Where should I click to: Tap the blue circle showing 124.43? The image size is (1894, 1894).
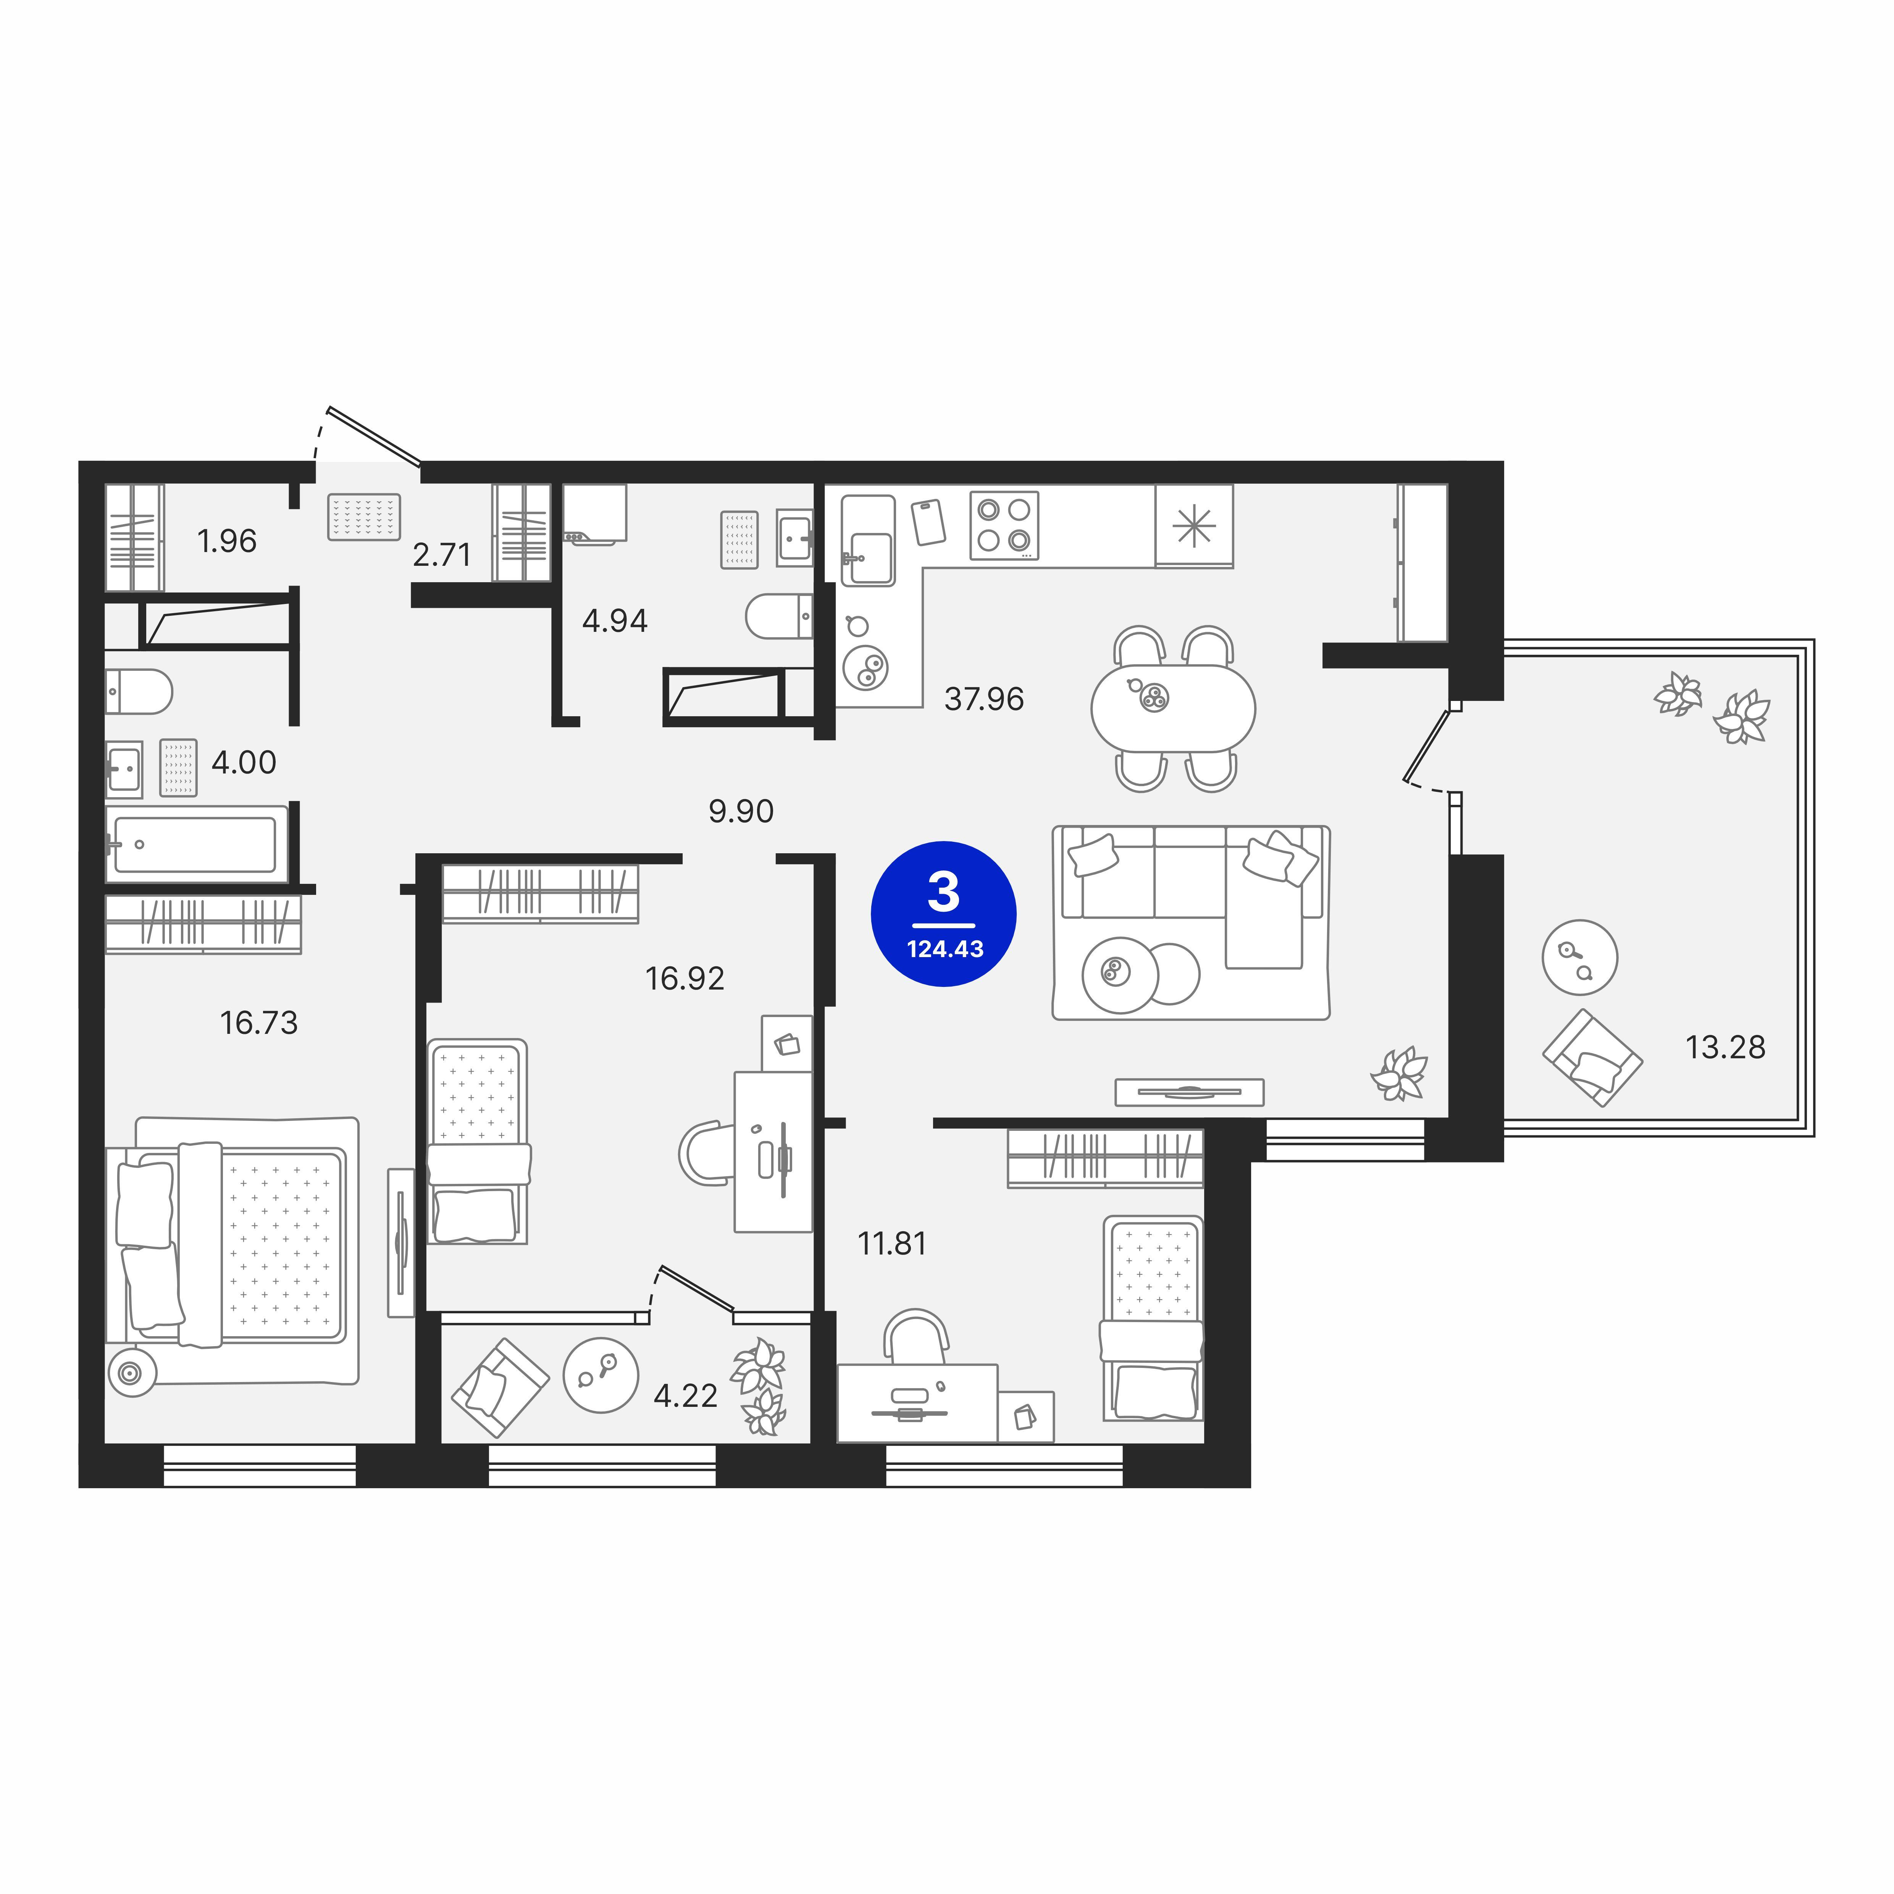(x=943, y=914)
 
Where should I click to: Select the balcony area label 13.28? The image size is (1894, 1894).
(x=1724, y=1047)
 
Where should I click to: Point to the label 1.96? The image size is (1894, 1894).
(x=226, y=541)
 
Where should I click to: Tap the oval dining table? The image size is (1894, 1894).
(x=1172, y=708)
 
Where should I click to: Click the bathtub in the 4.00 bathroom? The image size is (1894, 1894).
(x=196, y=844)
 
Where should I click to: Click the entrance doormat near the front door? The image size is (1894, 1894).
(x=364, y=517)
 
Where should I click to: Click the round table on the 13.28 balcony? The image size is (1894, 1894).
(x=1579, y=957)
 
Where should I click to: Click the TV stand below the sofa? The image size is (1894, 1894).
(x=1189, y=1091)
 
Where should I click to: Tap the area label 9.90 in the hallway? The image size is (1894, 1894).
(x=741, y=811)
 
